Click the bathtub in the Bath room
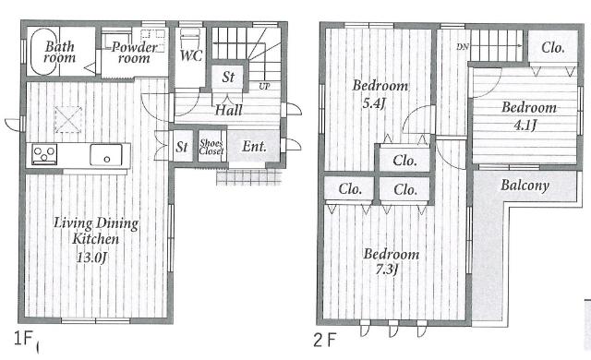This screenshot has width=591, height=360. click(43, 52)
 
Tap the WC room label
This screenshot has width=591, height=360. click(191, 55)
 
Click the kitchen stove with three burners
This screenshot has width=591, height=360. click(44, 154)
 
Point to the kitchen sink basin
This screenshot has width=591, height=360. click(106, 155)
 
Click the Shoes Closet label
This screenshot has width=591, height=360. click(211, 147)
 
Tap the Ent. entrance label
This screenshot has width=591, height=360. click(254, 146)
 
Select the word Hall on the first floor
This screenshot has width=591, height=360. click(228, 110)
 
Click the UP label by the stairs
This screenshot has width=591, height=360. click(264, 86)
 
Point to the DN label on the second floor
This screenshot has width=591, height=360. click(463, 47)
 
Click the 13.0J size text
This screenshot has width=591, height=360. click(92, 258)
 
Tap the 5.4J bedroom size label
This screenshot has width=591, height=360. click(373, 102)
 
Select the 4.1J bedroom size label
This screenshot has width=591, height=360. click(525, 125)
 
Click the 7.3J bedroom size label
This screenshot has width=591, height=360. click(387, 270)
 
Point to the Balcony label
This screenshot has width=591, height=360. click(525, 186)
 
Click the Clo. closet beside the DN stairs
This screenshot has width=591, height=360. click(552, 47)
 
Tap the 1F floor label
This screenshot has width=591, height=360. click(23, 338)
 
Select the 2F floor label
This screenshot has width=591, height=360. click(324, 340)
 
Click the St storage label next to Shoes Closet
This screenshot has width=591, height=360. click(182, 147)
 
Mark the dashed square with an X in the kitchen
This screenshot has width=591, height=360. click(68, 119)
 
